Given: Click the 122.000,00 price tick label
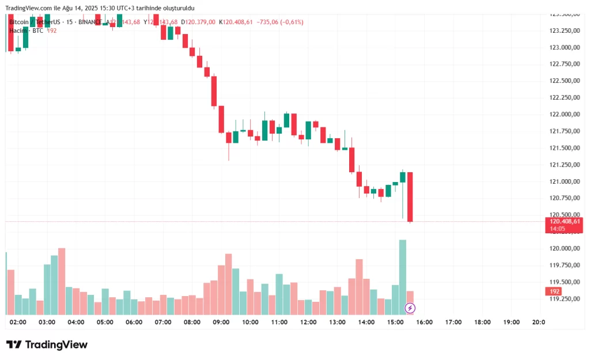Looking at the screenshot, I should click(565, 114).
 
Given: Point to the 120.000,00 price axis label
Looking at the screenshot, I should click(565, 249).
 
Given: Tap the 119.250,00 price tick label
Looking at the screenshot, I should click(565, 299).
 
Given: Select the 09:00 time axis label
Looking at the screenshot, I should click(221, 323).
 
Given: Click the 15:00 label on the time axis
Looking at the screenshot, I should click(395, 323).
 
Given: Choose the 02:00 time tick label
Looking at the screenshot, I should click(18, 323).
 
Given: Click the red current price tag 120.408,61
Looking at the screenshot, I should click(565, 221).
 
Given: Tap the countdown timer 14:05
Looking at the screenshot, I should click(557, 229).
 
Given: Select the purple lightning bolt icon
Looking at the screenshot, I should click(410, 308).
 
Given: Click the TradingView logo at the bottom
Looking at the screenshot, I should click(47, 344).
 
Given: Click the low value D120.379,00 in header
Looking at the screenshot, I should click(198, 22).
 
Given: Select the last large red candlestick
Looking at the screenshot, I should click(410, 196).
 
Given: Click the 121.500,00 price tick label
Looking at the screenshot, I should click(565, 148).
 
